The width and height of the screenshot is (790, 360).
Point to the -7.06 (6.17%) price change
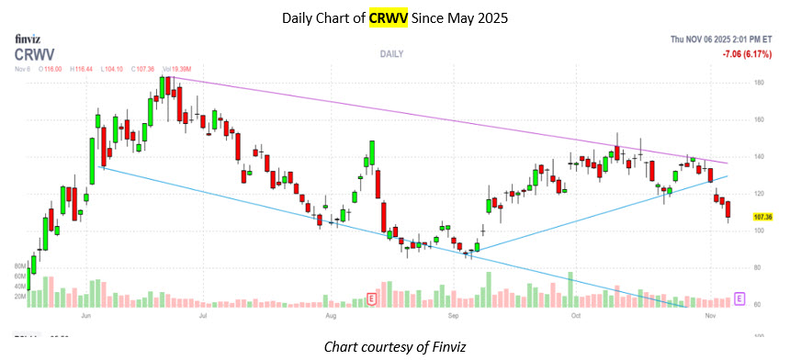(x=745, y=54)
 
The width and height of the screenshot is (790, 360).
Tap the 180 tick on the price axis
(x=759, y=83)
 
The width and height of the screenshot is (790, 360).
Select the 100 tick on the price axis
(x=759, y=231)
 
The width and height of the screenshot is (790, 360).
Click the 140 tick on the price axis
(x=759, y=157)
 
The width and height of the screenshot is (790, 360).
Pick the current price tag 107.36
(x=762, y=217)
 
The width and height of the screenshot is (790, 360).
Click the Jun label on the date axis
(x=86, y=315)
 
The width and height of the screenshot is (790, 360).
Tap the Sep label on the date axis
(x=453, y=315)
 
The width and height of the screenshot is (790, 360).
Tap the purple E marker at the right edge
(x=739, y=299)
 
